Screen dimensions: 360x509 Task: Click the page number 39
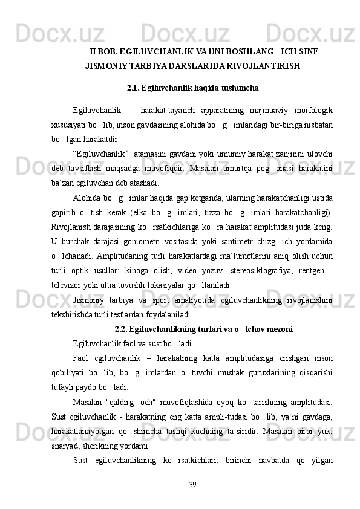coord(192,484)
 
